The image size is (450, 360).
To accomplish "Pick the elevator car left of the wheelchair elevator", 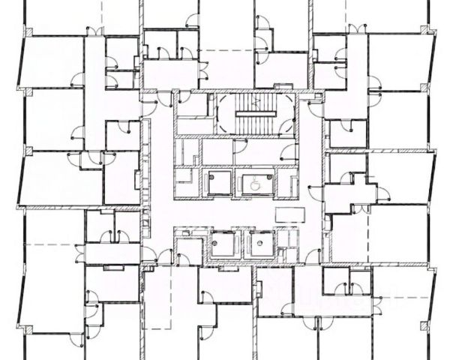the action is [x=218, y=183].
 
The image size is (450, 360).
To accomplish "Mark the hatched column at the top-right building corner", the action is [x=428, y=30].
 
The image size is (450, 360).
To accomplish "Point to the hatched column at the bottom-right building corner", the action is [x=427, y=325].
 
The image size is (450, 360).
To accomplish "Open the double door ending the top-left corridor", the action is [x=94, y=31].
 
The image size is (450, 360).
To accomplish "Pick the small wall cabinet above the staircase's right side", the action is [x=283, y=87].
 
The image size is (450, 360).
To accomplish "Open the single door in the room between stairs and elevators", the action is [x=239, y=145].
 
